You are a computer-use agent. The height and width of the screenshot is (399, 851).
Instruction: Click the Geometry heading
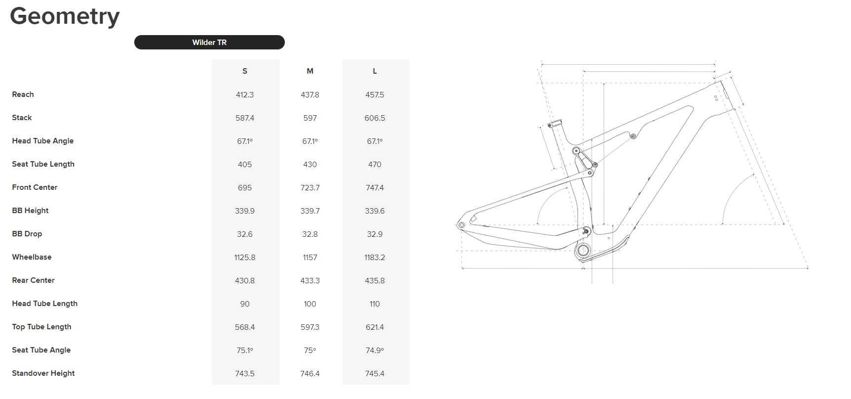65,16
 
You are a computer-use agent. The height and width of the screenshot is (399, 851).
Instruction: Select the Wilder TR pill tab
209,43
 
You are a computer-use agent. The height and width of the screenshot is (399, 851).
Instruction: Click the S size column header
245,71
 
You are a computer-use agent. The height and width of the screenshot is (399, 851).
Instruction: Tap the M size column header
310,71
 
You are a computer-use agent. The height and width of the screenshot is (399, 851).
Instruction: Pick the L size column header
375,71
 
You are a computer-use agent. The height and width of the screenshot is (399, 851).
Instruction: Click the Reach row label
23,94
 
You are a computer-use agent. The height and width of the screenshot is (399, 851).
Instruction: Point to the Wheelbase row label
32,257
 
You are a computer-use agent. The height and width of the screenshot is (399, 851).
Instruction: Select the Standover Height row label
43,373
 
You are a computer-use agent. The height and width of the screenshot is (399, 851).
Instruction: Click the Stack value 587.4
245,118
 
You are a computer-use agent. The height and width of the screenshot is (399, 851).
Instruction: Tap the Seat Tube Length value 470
375,165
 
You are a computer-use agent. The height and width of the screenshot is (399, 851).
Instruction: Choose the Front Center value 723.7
310,188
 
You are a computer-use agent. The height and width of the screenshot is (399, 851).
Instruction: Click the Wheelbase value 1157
310,258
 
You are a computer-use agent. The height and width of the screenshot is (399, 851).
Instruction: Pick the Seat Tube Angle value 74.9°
375,351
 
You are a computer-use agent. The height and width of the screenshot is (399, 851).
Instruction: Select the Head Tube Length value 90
245,304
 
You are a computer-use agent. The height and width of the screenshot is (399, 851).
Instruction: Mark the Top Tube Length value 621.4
375,327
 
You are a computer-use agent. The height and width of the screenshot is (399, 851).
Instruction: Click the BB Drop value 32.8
310,234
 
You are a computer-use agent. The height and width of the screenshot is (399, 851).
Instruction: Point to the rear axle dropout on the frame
462,225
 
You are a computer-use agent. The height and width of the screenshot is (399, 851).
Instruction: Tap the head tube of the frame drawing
723,94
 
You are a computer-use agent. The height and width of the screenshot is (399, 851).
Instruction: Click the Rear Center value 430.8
245,281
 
